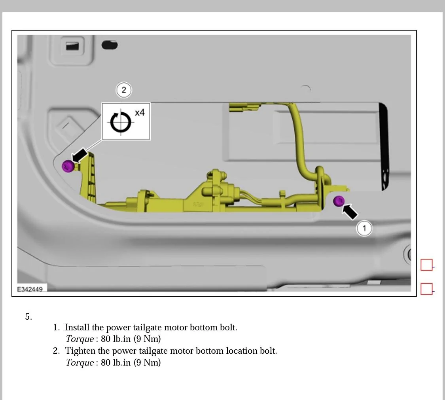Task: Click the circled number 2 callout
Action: [124, 90]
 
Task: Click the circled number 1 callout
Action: [364, 228]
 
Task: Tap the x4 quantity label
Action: [140, 113]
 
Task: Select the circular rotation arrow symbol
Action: [120, 122]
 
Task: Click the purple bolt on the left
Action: [68, 166]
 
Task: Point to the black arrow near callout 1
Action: [350, 211]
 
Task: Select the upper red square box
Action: [426, 265]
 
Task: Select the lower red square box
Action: [426, 289]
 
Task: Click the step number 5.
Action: [28, 317]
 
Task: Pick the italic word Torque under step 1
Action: [80, 339]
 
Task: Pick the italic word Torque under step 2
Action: [80, 362]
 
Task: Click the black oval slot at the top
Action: [110, 45]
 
